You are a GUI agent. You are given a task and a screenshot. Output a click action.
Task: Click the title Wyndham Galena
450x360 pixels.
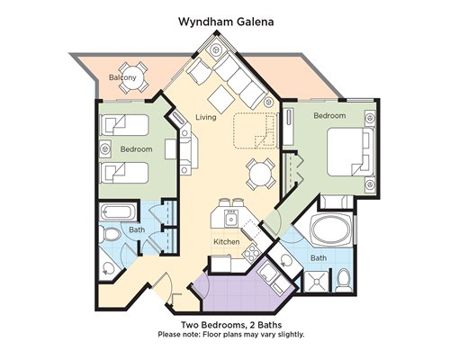click(x=226, y=22)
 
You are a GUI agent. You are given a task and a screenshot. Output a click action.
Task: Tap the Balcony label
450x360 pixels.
click(x=122, y=77)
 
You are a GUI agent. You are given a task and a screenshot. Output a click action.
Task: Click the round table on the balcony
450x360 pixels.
click(x=133, y=77)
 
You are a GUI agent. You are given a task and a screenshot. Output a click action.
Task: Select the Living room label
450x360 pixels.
click(x=206, y=117)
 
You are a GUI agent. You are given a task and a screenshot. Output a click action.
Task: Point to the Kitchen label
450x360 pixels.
click(x=227, y=241)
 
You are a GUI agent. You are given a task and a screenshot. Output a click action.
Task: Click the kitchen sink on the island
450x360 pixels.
click(x=231, y=218)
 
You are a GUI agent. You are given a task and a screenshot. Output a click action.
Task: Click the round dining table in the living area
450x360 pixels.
click(x=260, y=175)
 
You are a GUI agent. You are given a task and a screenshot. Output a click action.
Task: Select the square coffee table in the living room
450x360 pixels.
click(x=221, y=99)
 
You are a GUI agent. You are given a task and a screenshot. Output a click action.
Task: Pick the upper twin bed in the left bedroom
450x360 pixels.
click(x=124, y=125)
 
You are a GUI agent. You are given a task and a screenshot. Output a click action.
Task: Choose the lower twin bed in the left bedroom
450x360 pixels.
click(x=124, y=173)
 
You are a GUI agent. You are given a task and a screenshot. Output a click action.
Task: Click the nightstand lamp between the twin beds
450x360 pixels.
click(x=105, y=148)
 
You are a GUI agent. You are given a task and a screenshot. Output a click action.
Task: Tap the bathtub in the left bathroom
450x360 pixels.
click(x=116, y=211)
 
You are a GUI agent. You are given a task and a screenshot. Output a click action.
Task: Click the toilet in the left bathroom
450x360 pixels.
click(x=108, y=234)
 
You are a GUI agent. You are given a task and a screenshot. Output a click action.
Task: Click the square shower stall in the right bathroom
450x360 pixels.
click(x=316, y=281)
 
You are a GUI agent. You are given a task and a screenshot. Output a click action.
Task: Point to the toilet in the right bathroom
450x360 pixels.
click(x=344, y=281)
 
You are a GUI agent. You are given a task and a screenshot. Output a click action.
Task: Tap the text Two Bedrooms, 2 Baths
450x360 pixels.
click(x=231, y=325)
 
